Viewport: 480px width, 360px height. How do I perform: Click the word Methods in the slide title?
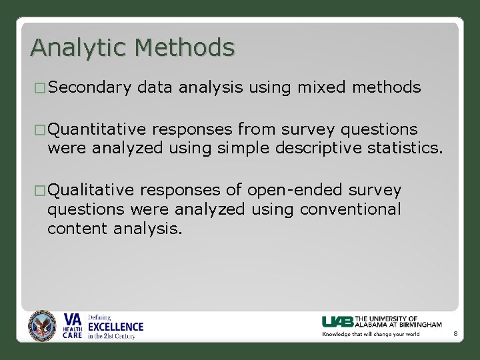185,48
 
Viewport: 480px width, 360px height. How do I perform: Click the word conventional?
350,209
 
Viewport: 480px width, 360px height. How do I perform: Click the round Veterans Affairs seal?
43,327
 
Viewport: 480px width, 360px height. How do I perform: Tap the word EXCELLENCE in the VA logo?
116,327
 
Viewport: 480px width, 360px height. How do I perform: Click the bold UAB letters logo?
338,321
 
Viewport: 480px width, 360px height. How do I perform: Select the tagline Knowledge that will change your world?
371,334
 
